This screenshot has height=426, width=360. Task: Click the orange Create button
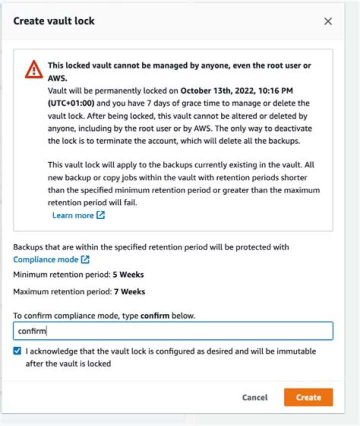tap(308, 397)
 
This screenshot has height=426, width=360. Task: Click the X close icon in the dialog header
tap(328, 21)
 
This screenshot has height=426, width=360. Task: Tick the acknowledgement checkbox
tap(17, 351)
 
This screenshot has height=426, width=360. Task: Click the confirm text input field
tap(173, 331)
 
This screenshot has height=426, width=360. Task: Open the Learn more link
tap(73, 215)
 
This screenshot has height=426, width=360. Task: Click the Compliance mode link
tap(45, 259)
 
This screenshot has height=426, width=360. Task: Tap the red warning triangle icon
tap(34, 69)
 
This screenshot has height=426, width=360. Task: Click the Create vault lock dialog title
tap(54, 21)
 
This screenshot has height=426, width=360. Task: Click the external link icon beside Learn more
tap(100, 215)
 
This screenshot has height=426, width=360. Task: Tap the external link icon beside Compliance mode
tap(85, 259)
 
